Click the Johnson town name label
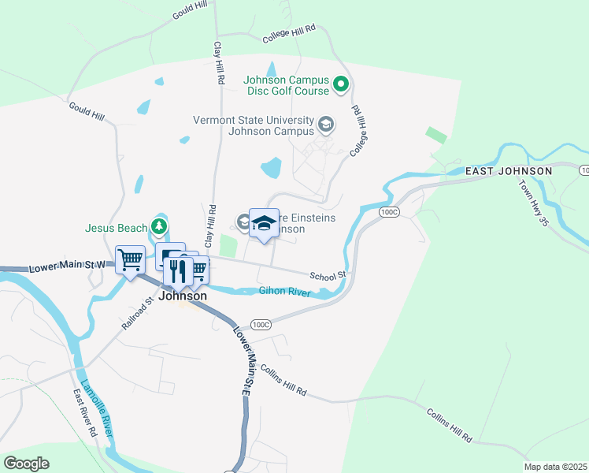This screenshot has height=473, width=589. (x=183, y=296)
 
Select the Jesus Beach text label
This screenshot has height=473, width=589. (x=117, y=229)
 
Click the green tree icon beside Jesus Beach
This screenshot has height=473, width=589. (x=160, y=228)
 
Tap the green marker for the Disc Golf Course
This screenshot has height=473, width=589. (x=341, y=84)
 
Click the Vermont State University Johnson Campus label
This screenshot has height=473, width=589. (x=253, y=125)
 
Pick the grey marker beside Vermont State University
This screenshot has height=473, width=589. (x=325, y=125)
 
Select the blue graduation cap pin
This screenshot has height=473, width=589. (x=264, y=223)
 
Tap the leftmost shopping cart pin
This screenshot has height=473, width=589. (x=130, y=259)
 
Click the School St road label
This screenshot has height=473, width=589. (x=328, y=276)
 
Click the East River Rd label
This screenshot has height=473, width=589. (x=85, y=412)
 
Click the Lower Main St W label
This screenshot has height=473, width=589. (x=66, y=266)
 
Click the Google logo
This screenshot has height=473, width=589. (x=27, y=464)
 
